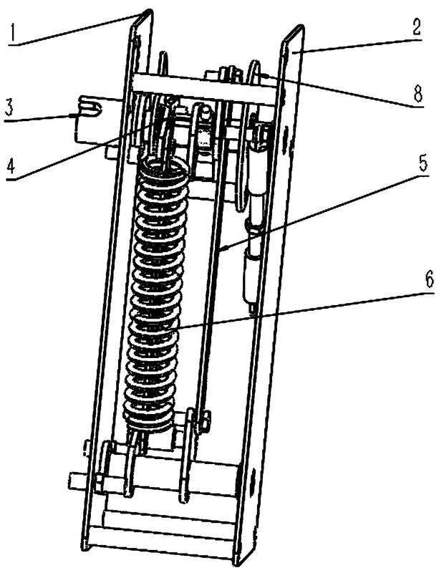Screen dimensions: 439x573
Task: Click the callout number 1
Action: pos(13,32)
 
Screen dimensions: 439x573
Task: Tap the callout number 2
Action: pos(416,26)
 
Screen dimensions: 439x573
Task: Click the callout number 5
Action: pos(423,161)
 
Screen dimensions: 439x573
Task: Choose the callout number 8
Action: pos(418,93)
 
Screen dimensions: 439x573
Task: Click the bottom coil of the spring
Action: pos(149,423)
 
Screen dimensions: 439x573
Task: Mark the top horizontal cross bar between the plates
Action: pos(205,87)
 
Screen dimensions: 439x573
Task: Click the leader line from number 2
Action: pos(358,44)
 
